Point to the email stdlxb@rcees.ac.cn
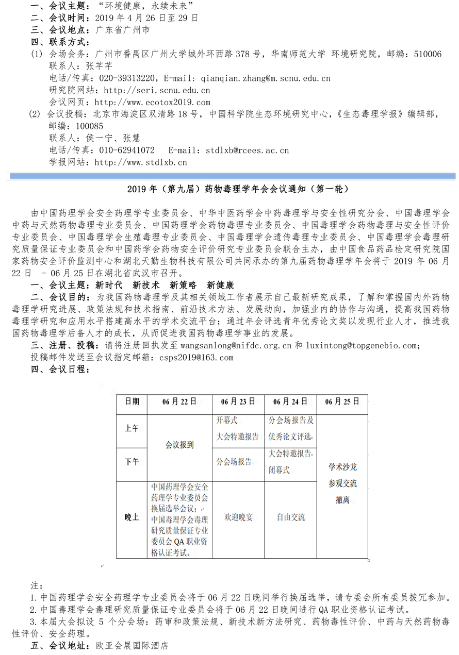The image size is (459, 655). click(x=247, y=150)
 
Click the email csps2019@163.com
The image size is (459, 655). click(x=196, y=357)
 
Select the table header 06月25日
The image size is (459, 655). click(x=342, y=402)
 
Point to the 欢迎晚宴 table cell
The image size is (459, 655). click(x=238, y=517)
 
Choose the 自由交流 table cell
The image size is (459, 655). click(x=290, y=517)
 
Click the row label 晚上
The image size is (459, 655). click(x=132, y=517)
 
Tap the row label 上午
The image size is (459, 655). click(x=132, y=428)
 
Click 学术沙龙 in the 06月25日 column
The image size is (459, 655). click(x=342, y=467)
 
